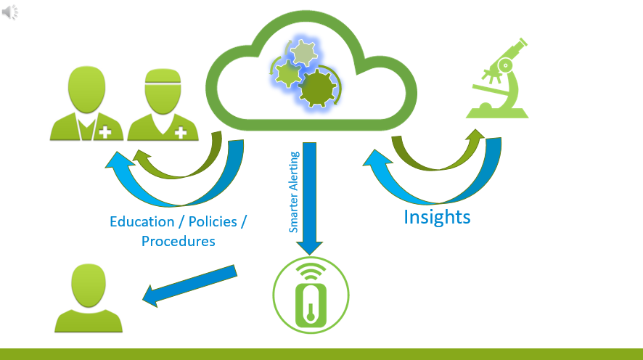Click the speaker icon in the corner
point(10,12)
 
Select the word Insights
point(437,216)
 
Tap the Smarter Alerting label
point(294,192)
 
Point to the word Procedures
point(179,241)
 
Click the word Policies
point(213,221)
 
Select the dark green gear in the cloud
point(317,89)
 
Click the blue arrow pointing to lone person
point(190,285)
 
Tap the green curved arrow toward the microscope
point(435,156)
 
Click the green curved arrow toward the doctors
point(181,163)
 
